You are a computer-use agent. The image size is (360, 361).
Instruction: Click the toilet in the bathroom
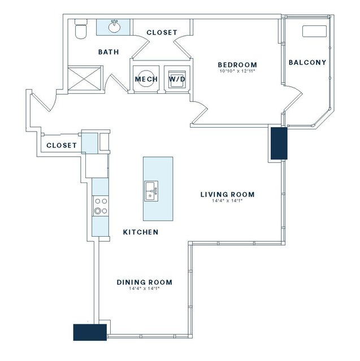[x=81, y=29]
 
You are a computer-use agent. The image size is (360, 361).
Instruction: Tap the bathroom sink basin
[x=114, y=27]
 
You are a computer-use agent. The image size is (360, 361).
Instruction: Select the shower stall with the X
[x=85, y=78]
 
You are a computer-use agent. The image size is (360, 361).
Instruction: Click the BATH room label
[x=109, y=52]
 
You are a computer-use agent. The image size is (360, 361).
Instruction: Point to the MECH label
[x=146, y=79]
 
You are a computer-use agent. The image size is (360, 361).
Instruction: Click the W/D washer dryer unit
[x=177, y=79]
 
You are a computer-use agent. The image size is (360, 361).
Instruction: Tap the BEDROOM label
[x=237, y=65]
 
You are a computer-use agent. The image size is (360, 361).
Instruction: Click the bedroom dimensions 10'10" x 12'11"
[x=237, y=71]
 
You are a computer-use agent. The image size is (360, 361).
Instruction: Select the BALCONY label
[x=307, y=62]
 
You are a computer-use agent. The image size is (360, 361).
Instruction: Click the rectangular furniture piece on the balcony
[x=314, y=31]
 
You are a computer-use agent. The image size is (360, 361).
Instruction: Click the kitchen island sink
[x=151, y=191]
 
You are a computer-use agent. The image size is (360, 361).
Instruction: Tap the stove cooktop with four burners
[x=101, y=206]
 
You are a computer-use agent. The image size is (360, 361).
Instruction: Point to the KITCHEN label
[x=141, y=232]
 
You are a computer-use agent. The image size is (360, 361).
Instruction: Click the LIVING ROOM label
[x=228, y=194]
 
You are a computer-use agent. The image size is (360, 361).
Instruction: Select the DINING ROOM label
[x=145, y=282]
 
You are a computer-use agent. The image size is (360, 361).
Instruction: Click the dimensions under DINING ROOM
[x=145, y=289]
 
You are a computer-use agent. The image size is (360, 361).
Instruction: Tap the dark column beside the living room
[x=279, y=143]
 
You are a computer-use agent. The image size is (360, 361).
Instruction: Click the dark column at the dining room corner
[x=90, y=332]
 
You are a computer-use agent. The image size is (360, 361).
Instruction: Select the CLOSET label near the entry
[x=62, y=145]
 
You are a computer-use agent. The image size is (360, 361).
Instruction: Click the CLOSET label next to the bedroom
[x=162, y=32]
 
